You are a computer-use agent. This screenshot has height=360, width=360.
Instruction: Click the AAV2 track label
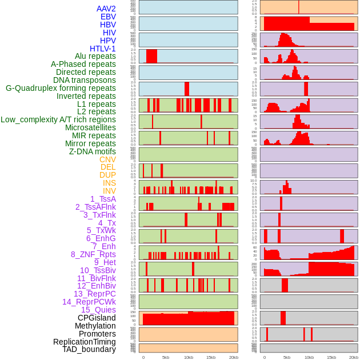(x=106, y=9)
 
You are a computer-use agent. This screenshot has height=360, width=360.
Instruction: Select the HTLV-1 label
(x=102, y=49)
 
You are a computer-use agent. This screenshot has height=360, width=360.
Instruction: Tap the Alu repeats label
(x=95, y=56)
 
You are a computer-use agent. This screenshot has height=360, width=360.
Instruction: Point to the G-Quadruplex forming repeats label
(x=61, y=88)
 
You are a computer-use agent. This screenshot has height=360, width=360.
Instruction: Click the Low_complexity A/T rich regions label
(x=58, y=119)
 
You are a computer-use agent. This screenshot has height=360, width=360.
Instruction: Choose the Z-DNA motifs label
(x=92, y=151)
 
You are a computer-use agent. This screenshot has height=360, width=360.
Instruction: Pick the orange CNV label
(x=107, y=159)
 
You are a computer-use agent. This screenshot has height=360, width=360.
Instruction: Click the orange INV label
(x=109, y=191)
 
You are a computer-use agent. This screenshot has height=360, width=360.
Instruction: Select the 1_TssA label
(x=103, y=199)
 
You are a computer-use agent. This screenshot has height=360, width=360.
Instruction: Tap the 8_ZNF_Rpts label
(x=93, y=254)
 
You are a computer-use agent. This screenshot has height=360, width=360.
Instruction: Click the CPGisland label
(x=97, y=318)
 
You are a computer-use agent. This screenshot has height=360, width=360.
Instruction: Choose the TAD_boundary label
(x=89, y=349)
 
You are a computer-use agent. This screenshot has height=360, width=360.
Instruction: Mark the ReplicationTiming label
(x=85, y=342)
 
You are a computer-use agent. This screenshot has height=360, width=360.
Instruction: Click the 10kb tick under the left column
(x=189, y=357)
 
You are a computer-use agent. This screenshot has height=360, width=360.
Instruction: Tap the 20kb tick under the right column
(x=354, y=357)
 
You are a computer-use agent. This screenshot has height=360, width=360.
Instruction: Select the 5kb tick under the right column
(x=286, y=357)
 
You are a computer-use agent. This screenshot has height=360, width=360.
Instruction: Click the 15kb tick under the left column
(x=211, y=357)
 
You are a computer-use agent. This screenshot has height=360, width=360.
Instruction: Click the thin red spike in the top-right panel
(x=298, y=7)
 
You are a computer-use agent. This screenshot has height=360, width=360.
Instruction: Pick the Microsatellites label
(x=90, y=127)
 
